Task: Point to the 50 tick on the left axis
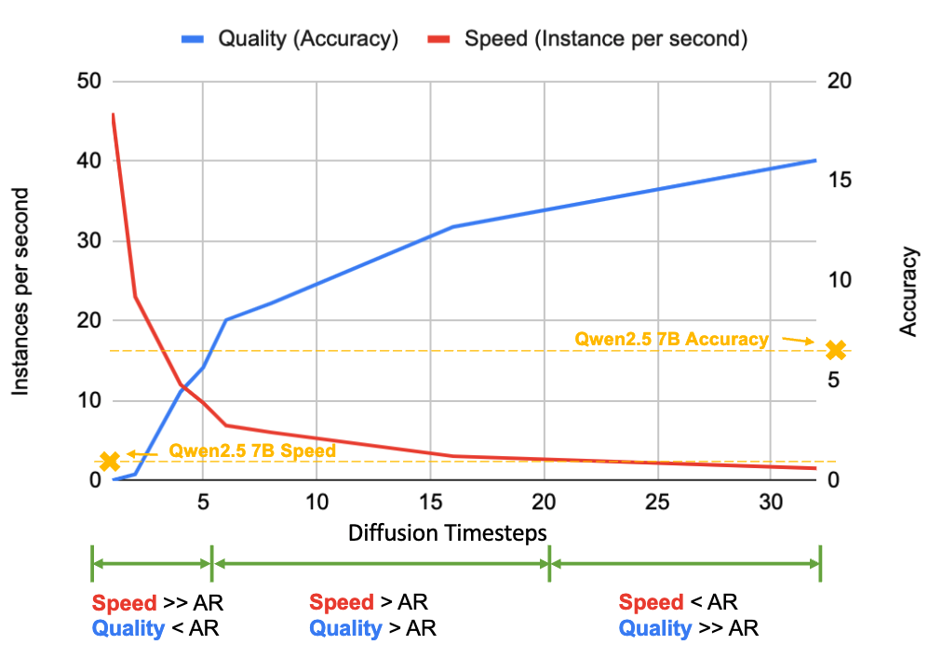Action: click(x=88, y=81)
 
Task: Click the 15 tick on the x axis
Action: click(x=430, y=501)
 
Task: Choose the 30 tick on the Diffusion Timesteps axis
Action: click(x=770, y=501)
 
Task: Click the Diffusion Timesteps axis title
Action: click(x=447, y=531)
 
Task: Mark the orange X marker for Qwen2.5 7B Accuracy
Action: click(x=836, y=350)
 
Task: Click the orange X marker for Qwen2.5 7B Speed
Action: click(x=110, y=461)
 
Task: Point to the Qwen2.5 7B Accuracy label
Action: click(x=672, y=340)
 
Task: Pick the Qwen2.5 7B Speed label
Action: click(x=252, y=450)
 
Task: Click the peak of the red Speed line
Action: click(x=113, y=114)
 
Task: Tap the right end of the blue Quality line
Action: click(x=815, y=160)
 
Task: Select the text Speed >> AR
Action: click(x=157, y=603)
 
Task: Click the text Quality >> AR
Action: click(x=689, y=628)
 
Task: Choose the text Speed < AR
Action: click(x=678, y=603)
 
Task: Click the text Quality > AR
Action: click(x=372, y=628)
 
